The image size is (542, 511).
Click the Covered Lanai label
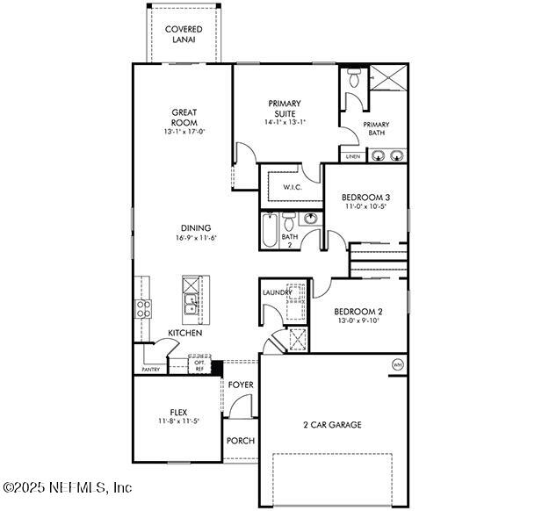(184, 34)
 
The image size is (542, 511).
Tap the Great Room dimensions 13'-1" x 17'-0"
(184, 133)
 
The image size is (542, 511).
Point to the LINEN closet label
(352, 156)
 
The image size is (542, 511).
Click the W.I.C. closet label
(293, 188)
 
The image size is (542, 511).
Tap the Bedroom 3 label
(365, 198)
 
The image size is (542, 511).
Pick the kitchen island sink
(191, 305)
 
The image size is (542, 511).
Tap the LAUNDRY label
(278, 293)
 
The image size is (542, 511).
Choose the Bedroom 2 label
(358, 312)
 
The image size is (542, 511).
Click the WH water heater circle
(396, 364)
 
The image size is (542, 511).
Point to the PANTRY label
(150, 370)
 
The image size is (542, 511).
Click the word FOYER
(241, 385)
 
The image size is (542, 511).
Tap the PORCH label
(240, 441)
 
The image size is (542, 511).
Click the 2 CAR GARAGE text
(332, 425)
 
